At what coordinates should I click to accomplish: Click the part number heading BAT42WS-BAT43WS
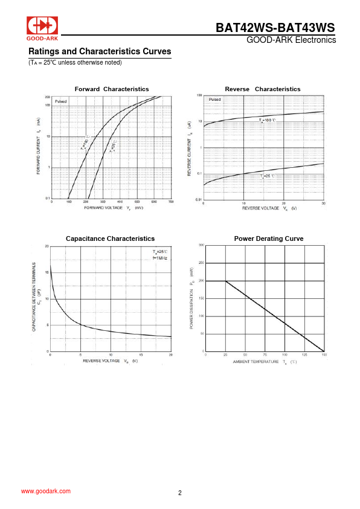pos(275,28)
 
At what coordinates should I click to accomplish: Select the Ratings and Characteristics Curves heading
pos(100,51)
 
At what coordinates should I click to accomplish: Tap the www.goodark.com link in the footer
pos(46,491)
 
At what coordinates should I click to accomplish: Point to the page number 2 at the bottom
pos(180,493)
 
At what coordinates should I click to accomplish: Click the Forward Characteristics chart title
pos(112,89)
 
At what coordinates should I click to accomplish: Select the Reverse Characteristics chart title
pos(262,89)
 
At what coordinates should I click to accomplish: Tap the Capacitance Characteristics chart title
pos(110,238)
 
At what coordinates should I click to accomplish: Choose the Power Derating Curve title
pos(268,238)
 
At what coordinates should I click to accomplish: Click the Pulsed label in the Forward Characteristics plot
pos(62,101)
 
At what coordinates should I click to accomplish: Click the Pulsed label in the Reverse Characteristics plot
pos(215,99)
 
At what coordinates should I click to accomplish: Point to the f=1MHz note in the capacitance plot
pos(160,258)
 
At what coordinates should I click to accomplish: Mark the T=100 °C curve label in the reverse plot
pos(267,121)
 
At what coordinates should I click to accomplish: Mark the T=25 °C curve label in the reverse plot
pos(267,176)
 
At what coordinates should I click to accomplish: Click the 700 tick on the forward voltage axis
pos(171,202)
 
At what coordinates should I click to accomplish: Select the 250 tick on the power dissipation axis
pos(201,263)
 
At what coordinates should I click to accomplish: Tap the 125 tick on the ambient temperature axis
pos(304,355)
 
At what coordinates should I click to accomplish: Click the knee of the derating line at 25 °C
pos(225,281)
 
